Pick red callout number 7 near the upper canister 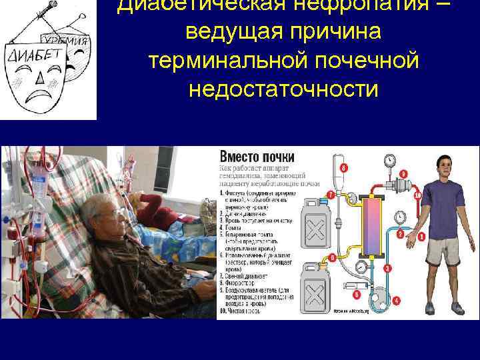(331, 195)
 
